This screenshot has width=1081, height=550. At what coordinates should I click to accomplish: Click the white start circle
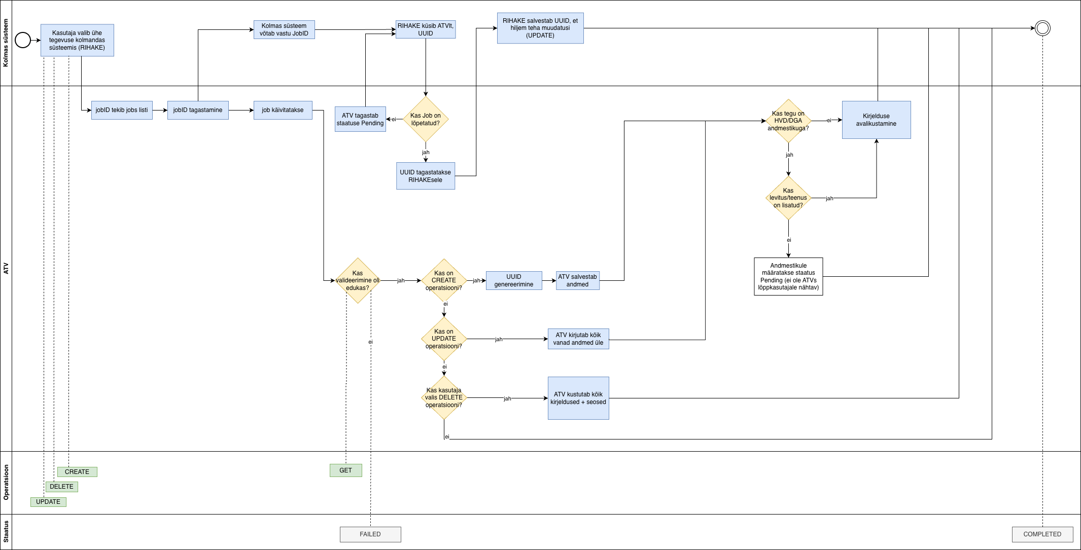click(23, 40)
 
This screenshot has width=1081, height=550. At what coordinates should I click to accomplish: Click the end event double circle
click(1042, 28)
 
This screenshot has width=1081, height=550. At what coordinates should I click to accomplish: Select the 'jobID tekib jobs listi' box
click(122, 110)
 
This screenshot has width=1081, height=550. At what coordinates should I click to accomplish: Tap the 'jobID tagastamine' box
click(198, 110)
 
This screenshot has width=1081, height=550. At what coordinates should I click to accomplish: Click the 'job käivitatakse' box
click(283, 110)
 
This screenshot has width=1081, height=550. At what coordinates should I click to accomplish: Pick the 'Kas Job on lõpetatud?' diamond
click(426, 119)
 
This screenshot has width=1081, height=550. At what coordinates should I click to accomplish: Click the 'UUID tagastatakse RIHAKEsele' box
click(426, 176)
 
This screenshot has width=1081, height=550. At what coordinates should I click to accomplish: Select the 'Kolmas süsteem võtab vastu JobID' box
click(284, 29)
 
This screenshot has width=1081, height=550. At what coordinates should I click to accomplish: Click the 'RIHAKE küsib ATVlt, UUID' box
click(426, 29)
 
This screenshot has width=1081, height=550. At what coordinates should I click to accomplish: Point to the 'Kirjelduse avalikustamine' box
click(876, 120)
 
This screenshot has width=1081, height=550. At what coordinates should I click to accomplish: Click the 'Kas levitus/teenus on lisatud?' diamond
click(788, 198)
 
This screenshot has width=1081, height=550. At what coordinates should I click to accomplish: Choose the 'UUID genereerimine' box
click(514, 280)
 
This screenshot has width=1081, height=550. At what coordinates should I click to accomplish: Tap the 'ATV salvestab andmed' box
click(577, 280)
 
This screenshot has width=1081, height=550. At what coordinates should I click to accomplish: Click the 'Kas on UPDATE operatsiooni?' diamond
click(444, 339)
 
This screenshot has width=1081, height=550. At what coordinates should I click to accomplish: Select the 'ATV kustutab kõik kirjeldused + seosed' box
click(578, 398)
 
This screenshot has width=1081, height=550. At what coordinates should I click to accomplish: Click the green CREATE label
click(77, 472)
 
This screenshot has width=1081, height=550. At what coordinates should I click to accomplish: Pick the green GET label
click(345, 470)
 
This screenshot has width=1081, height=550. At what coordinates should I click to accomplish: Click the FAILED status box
click(370, 534)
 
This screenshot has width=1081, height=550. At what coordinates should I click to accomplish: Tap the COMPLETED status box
click(1042, 534)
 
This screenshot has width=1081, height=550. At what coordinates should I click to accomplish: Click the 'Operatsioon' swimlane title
click(6, 483)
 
